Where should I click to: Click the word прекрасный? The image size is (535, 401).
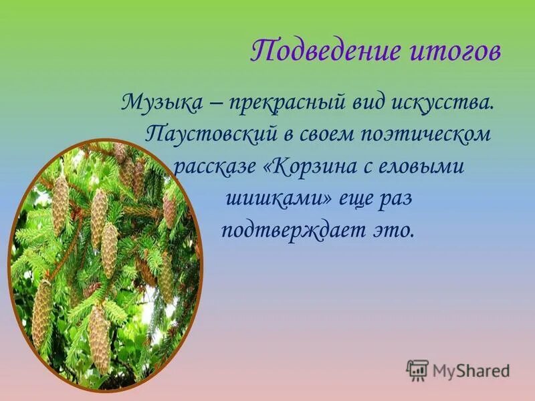(x=284, y=104)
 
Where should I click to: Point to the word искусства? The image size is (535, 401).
(x=442, y=104)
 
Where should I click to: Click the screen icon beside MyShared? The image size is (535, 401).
(x=417, y=370)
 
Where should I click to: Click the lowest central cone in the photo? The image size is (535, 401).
(x=99, y=338)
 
